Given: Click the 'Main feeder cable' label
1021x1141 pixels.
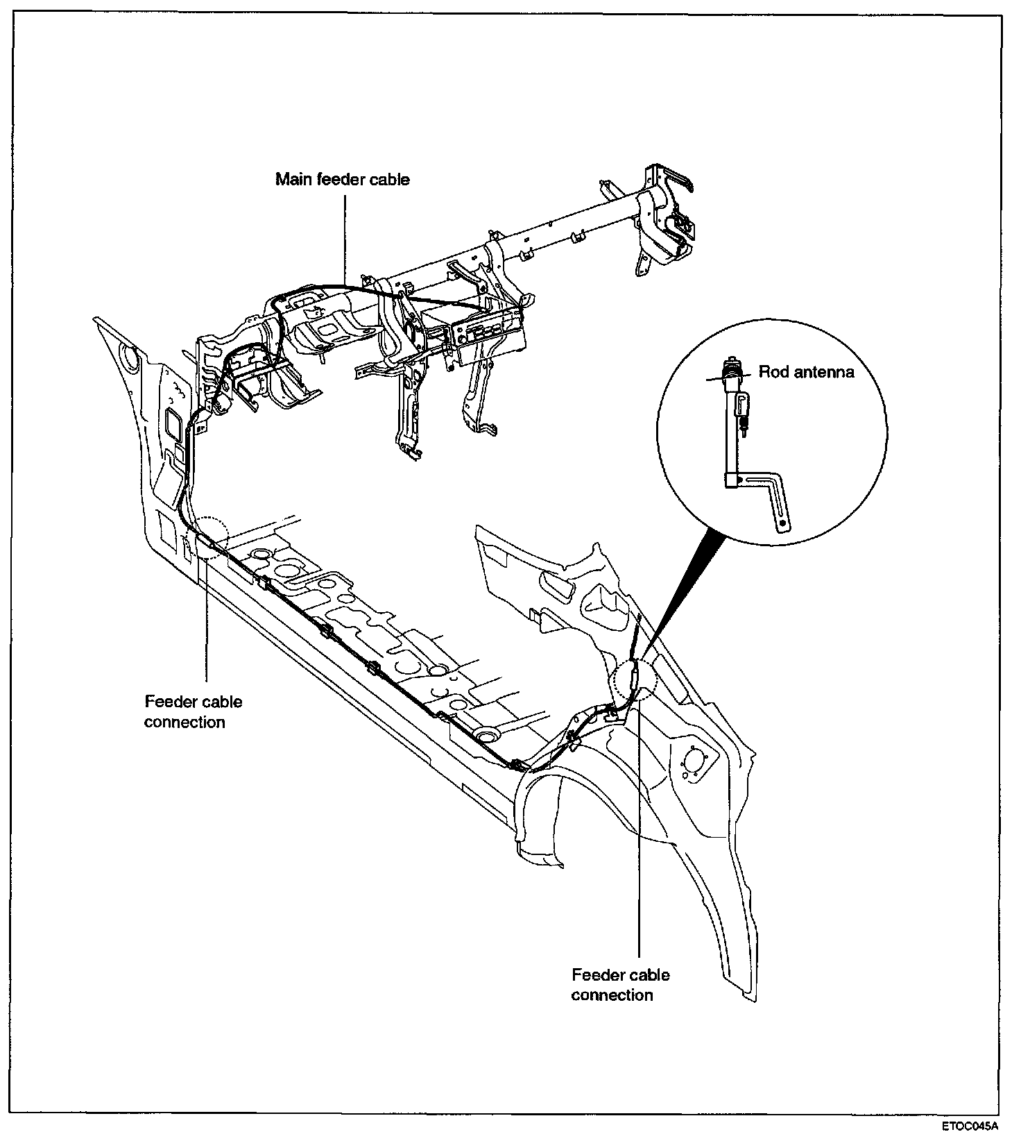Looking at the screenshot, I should [343, 180].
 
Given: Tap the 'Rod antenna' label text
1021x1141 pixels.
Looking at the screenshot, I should [806, 372].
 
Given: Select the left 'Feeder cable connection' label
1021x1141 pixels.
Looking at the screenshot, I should [194, 711].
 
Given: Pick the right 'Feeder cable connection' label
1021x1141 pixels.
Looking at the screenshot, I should [621, 985].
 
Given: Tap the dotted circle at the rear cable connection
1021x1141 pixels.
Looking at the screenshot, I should [635, 679].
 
